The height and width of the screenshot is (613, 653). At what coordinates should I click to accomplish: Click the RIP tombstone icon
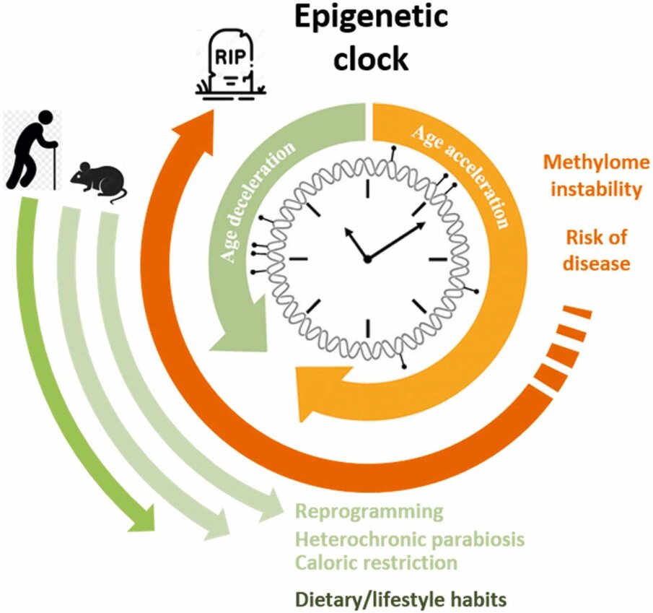(231, 66)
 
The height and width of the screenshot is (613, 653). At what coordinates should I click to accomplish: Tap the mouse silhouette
(98, 183)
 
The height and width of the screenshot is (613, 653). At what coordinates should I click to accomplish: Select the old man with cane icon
(33, 149)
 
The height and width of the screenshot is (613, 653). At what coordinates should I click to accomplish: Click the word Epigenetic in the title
(371, 17)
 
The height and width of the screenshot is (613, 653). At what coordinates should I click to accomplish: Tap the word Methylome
(596, 162)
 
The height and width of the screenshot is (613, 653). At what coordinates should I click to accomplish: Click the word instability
(596, 189)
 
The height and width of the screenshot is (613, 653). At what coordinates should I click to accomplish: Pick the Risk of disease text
(597, 251)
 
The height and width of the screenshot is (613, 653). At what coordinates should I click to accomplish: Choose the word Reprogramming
(369, 512)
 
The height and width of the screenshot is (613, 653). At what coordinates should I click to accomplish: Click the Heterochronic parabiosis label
(410, 539)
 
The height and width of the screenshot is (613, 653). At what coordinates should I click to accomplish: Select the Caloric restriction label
(376, 562)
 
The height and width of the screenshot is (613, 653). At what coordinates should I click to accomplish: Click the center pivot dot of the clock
(367, 260)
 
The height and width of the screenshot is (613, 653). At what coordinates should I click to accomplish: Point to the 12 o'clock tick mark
(368, 188)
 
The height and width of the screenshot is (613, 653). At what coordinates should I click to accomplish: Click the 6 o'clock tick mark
(368, 328)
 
